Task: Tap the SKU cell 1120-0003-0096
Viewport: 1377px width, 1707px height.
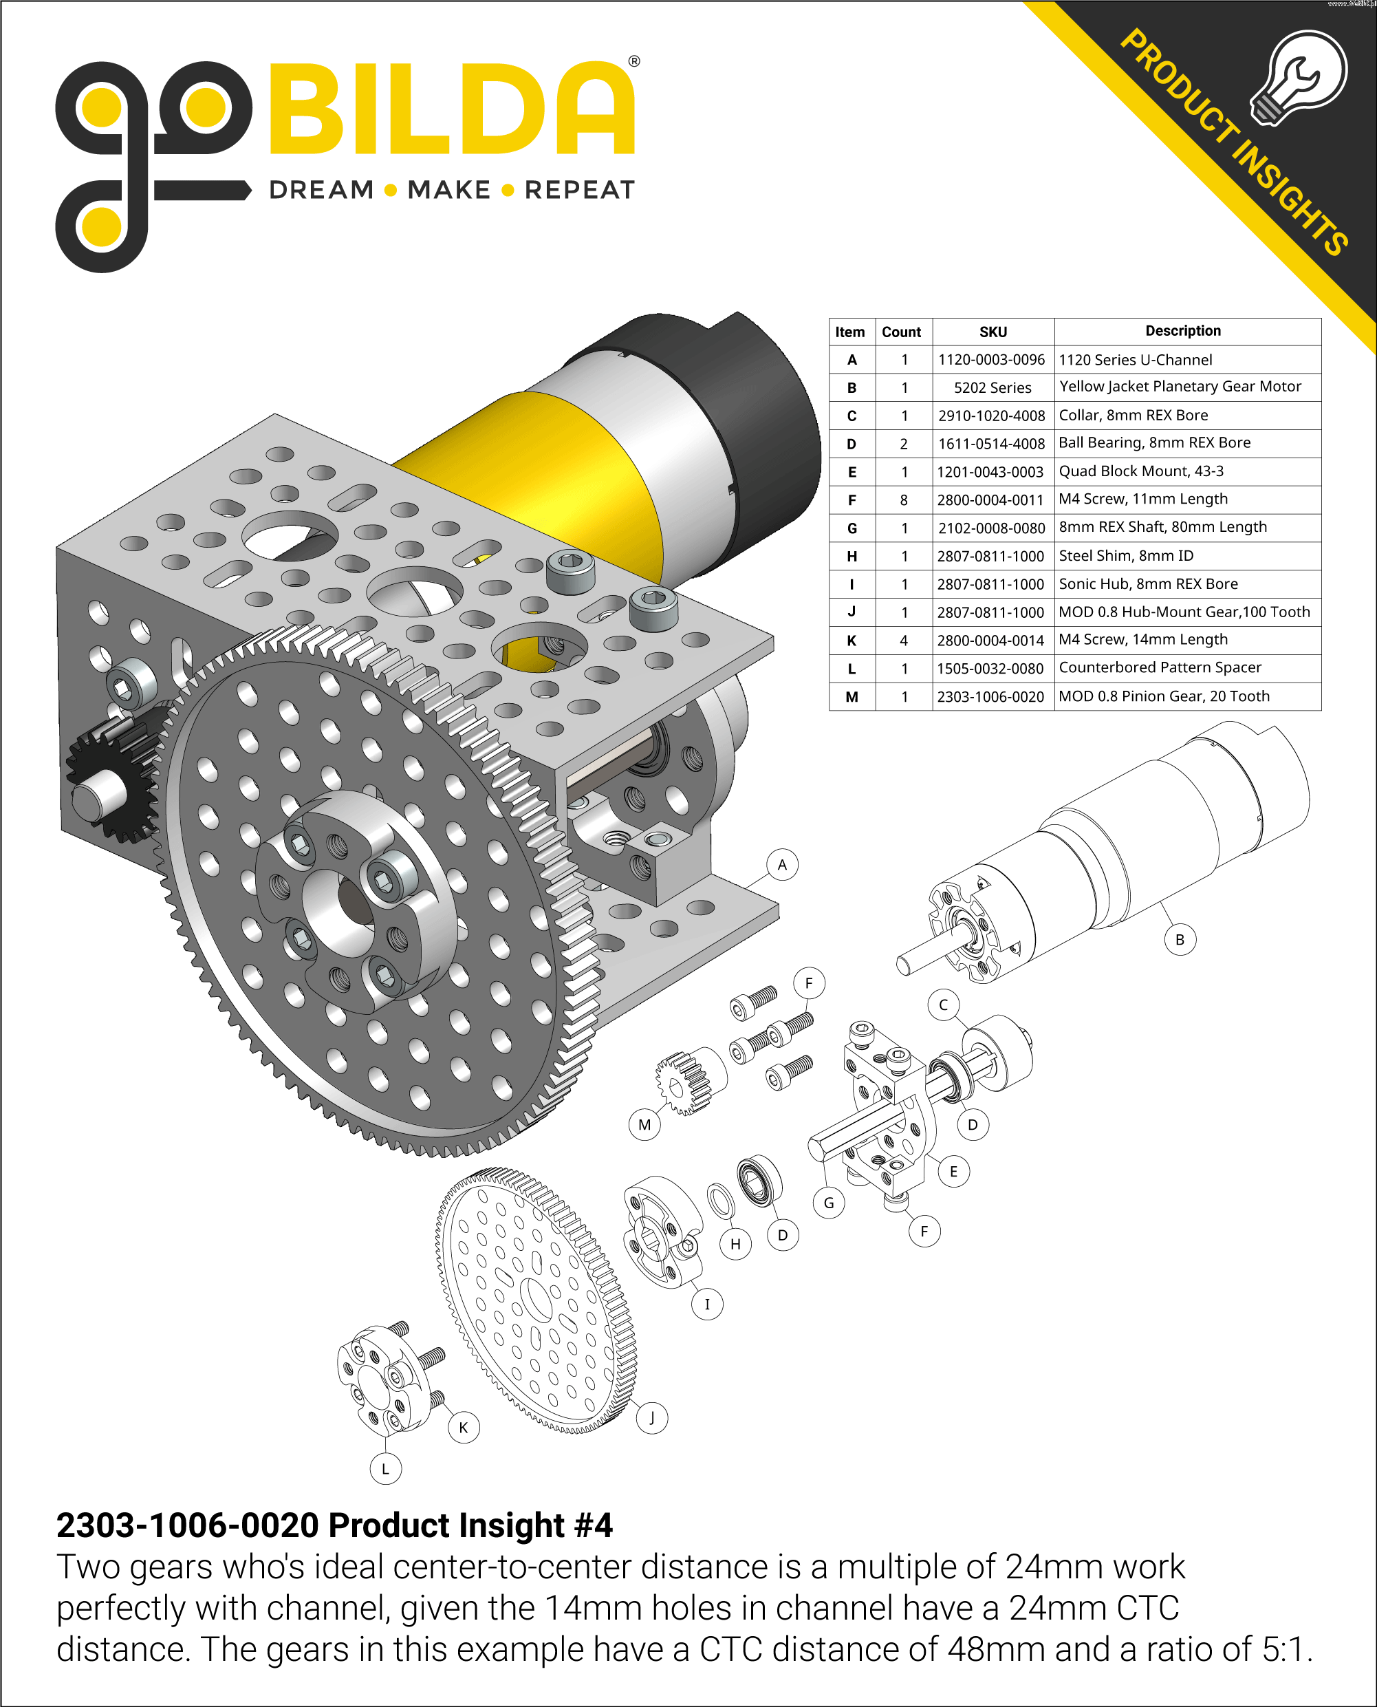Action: tap(992, 359)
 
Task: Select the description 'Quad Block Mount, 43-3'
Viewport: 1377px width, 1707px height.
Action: tap(1140, 471)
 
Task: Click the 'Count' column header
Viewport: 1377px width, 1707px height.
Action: tap(901, 332)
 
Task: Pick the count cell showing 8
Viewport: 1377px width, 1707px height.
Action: tap(904, 500)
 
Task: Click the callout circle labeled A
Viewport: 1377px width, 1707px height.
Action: tap(782, 864)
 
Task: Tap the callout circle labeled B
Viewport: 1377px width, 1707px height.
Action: tap(1180, 940)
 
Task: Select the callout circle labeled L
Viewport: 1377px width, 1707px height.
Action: tap(385, 1468)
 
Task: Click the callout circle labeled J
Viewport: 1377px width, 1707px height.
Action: tap(651, 1417)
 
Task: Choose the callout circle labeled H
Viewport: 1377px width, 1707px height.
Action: tap(735, 1243)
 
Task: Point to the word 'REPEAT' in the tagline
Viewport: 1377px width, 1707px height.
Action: tap(580, 191)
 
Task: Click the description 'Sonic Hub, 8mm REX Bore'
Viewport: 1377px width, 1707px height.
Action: tap(1148, 584)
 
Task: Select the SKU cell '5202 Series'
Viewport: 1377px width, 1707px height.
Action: tap(993, 387)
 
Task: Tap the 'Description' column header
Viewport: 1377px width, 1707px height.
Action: tap(1182, 331)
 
